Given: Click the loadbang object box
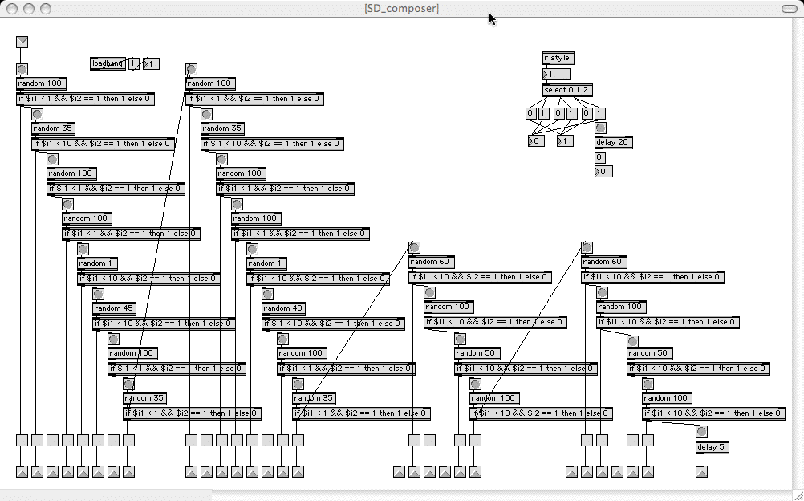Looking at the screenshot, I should (x=108, y=63).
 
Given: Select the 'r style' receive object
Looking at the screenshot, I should (x=558, y=58).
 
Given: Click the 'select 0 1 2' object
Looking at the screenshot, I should (x=567, y=90).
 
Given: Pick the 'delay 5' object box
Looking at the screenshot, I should (x=712, y=447).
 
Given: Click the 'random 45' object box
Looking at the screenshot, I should (x=113, y=308).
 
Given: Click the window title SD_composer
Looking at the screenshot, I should (x=401, y=8).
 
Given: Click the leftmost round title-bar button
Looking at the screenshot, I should (x=12, y=8).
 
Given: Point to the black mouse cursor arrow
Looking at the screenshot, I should (x=492, y=18).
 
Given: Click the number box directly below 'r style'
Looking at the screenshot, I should (x=556, y=74).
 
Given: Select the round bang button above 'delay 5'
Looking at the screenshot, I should (x=701, y=431).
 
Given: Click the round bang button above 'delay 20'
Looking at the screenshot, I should (x=600, y=128).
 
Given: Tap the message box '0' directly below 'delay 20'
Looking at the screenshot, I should (x=599, y=157).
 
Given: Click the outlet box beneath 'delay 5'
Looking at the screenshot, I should (x=701, y=471).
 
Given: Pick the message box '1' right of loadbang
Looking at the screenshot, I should (x=134, y=63).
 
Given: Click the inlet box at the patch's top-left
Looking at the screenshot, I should (x=22, y=42).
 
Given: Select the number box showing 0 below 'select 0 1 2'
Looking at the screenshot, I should (x=535, y=141).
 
